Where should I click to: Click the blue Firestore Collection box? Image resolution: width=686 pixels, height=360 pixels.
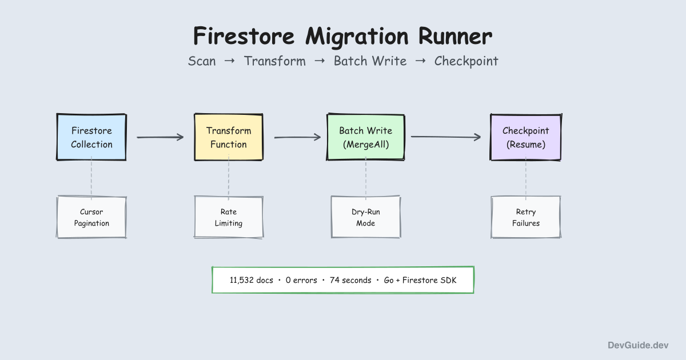[x=91, y=137]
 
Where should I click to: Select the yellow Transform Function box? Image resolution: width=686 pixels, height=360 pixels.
[x=229, y=137]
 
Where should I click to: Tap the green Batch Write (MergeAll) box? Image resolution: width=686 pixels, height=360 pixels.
[x=366, y=137]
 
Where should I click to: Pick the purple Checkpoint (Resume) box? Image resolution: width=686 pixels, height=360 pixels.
[x=526, y=137]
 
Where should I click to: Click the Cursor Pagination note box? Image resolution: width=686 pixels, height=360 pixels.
[x=91, y=217]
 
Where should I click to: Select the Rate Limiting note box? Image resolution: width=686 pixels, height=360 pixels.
[x=229, y=217]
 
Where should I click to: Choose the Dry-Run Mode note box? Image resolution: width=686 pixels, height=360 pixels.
[x=366, y=217]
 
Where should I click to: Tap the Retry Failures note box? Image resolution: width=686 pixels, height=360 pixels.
[x=526, y=217]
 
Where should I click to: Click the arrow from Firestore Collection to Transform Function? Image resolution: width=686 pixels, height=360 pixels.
[x=160, y=137]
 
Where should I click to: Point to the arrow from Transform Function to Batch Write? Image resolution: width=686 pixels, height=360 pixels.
[x=297, y=137]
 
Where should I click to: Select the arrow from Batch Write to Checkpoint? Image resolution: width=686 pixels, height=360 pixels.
[x=446, y=137]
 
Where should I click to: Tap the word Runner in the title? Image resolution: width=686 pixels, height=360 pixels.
[x=455, y=37]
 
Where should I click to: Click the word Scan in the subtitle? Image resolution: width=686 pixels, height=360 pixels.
[x=202, y=61]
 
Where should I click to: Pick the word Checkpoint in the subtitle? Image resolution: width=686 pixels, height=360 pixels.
[x=466, y=61]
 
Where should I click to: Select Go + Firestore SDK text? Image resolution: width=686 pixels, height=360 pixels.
[x=421, y=281]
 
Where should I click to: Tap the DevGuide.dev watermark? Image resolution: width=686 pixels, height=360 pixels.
[x=637, y=345]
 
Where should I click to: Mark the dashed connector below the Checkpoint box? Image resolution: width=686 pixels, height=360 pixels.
[x=526, y=178]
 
